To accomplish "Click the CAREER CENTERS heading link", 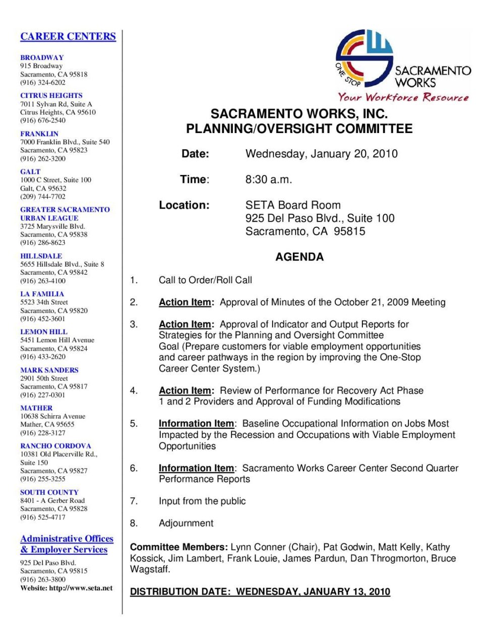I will [x=68, y=36].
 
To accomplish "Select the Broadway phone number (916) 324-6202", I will [x=43, y=82].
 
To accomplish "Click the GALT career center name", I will [x=30, y=171].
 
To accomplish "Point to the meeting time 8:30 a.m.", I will [x=269, y=179].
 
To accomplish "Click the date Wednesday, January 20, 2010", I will [x=321, y=154].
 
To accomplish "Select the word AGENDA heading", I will [x=299, y=257].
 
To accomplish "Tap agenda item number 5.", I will [x=134, y=423].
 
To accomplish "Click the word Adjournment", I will [x=186, y=523].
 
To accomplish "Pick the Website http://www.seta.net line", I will [x=67, y=588].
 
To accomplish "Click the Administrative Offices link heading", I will [x=67, y=539].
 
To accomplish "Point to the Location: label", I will [x=184, y=205].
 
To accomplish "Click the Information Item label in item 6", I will [x=196, y=468].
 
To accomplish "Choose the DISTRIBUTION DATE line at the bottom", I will [x=260, y=592].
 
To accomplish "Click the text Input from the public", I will [x=202, y=501].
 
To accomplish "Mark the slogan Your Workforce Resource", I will [x=403, y=97].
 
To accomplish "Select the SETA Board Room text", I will [x=293, y=205].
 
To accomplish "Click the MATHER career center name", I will [x=36, y=408].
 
